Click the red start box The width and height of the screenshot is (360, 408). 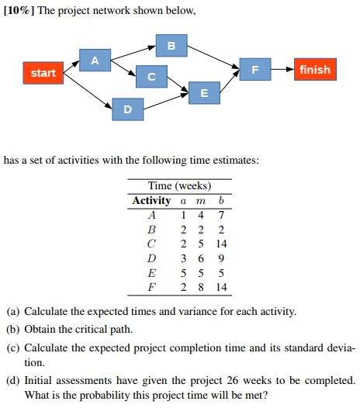tap(43, 73)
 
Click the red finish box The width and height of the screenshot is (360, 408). tap(315, 70)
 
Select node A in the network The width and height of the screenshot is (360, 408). tap(95, 60)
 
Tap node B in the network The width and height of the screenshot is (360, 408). tap(171, 45)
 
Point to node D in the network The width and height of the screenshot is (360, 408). tap(127, 109)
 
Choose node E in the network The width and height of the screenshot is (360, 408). tap(203, 93)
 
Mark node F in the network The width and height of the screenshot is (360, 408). tap(255, 70)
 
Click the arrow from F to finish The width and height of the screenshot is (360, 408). tap(282, 70)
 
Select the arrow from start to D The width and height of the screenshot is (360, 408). tap(85, 92)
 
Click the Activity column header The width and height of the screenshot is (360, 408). tap(151, 200)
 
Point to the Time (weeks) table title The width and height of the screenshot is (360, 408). tap(179, 186)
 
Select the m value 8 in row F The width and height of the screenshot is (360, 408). tap(201, 286)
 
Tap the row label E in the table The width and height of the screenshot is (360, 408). tap(151, 271)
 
